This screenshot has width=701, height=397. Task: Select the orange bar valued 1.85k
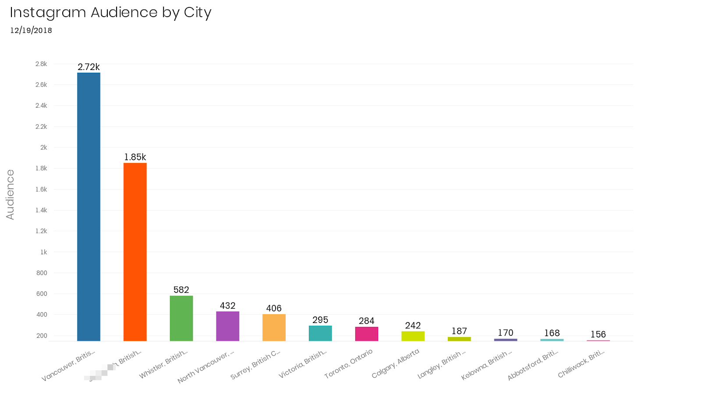135,252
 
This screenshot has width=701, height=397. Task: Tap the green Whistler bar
181,318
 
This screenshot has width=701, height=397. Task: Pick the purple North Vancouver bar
227,326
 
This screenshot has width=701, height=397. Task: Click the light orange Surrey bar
274,327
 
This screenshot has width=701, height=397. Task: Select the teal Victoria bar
320,333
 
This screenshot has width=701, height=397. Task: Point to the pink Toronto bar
367,334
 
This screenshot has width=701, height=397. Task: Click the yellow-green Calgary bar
413,336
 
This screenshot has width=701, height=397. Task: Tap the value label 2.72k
89,67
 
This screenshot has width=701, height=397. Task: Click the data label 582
181,290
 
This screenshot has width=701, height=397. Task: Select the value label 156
598,334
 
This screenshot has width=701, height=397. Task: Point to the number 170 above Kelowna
505,333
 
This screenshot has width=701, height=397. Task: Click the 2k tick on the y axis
43,148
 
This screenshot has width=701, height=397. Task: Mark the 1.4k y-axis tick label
41,210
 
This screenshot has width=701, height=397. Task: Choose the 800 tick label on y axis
42,273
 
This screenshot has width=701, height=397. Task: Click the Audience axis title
10,194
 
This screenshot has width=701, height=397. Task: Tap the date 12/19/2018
31,30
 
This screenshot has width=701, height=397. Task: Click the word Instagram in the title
48,12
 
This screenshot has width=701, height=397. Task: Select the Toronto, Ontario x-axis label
348,364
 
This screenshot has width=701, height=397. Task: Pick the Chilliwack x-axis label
581,364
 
